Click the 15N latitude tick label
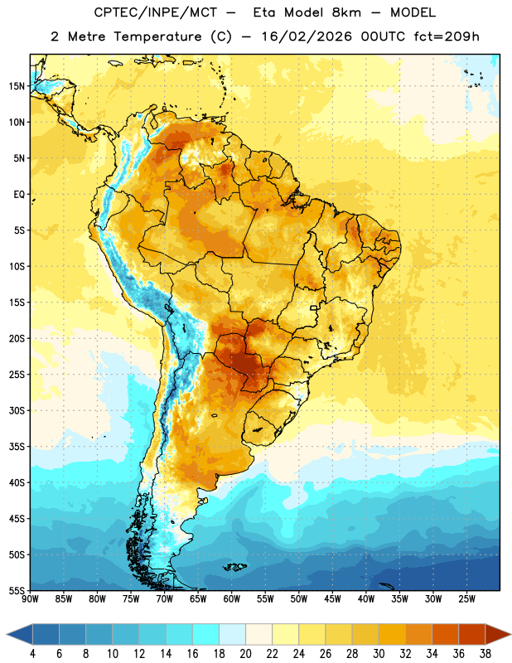[x=17, y=86]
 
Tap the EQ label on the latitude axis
[x=19, y=195]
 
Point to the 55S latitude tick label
[x=17, y=590]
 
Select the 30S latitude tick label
[x=17, y=410]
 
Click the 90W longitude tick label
[x=30, y=598]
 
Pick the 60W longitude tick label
[x=232, y=598]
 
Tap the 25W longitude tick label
[x=466, y=598]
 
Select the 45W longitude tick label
[x=332, y=598]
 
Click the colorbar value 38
[x=485, y=654]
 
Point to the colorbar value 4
[x=32, y=654]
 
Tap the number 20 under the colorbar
[x=245, y=654]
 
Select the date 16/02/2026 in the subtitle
[x=307, y=36]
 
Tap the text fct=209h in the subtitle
[x=447, y=36]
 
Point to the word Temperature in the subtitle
[x=157, y=36]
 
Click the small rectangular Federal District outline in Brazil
[x=314, y=308]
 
